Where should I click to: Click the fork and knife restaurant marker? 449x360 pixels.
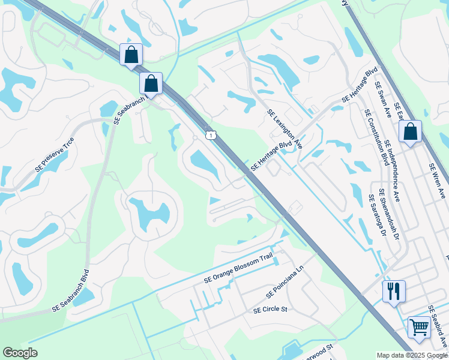point(394,292)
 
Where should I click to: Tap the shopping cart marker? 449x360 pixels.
point(419,328)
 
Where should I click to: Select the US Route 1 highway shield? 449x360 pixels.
point(209,135)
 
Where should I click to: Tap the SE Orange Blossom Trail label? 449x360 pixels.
point(238,268)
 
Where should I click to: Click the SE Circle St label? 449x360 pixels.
point(271,310)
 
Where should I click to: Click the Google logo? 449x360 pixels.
point(20,353)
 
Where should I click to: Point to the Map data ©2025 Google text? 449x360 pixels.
point(411,355)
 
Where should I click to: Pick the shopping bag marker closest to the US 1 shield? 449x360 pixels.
point(151,83)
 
